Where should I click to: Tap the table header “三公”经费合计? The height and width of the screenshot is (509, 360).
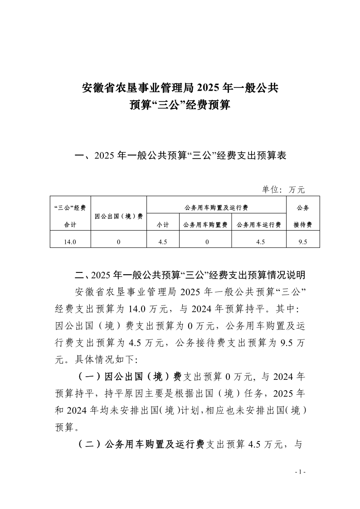point(70,216)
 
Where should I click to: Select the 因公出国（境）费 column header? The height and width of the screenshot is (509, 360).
point(118,216)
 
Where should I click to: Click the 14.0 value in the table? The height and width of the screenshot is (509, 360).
point(70,242)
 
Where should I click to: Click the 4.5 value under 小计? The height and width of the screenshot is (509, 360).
point(163,242)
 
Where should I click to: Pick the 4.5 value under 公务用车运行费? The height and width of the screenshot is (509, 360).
point(260,242)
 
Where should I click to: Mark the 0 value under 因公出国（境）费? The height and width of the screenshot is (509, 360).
point(118,242)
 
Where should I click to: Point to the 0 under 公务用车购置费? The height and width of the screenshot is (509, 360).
point(206,242)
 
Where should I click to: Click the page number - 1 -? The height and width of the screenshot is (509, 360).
point(301,472)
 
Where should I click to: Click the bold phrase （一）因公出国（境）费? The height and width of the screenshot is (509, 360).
point(127,376)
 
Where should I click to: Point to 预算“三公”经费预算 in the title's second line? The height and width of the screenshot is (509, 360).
point(180,106)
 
